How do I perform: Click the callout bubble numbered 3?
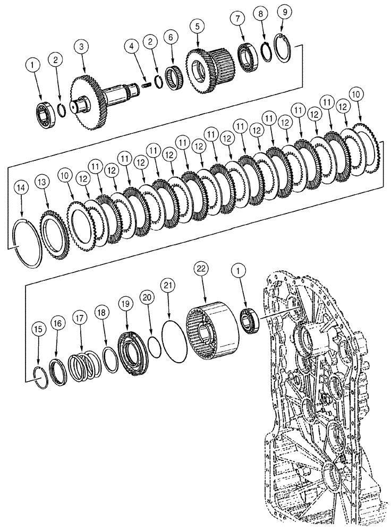(x=81, y=47)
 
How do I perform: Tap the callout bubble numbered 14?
(x=21, y=187)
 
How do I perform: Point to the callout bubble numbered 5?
(x=198, y=25)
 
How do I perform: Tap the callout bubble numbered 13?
(x=42, y=183)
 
